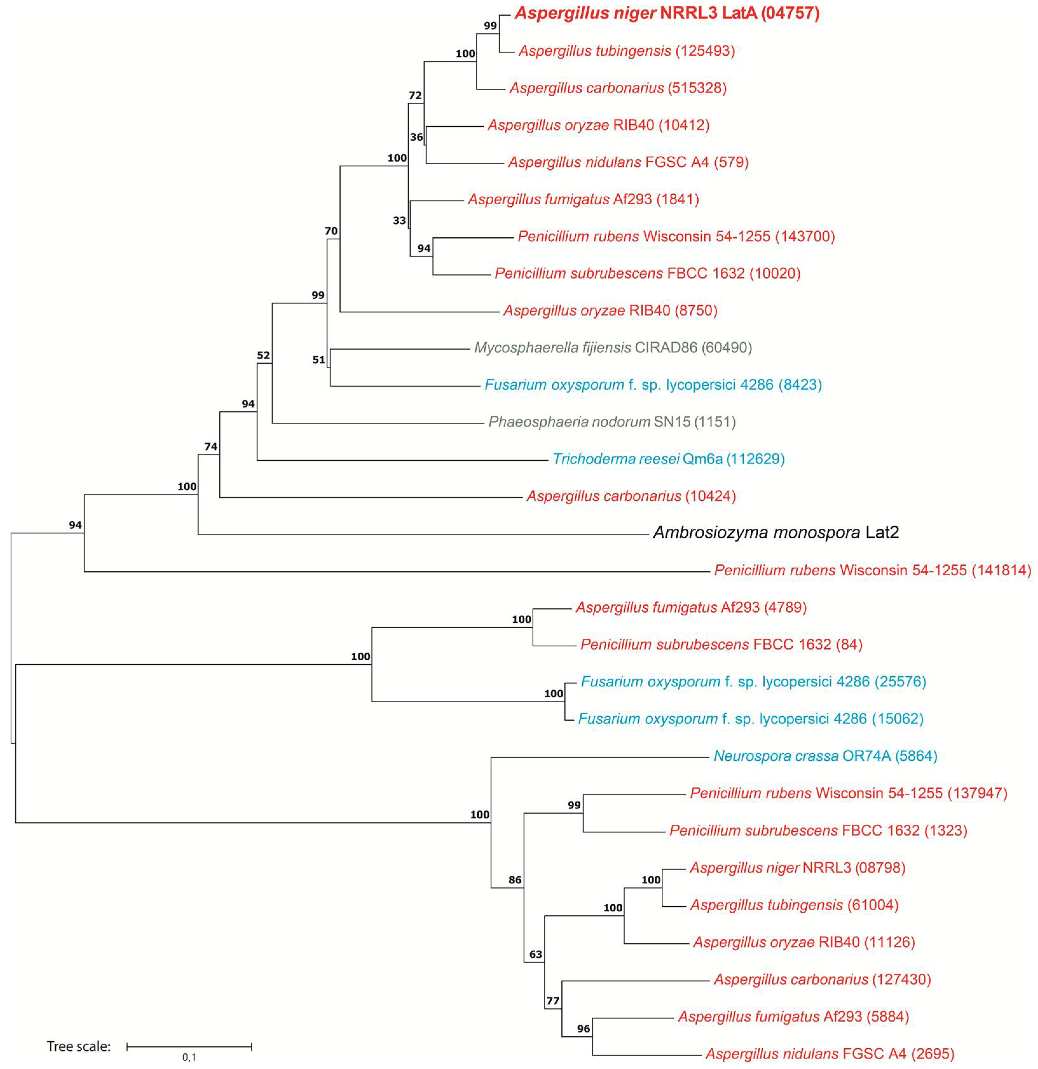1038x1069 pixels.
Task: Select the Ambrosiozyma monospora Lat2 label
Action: (775, 532)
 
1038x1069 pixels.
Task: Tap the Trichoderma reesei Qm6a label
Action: (669, 459)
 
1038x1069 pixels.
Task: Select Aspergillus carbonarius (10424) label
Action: (631, 496)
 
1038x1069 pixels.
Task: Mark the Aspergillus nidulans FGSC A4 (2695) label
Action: (830, 1053)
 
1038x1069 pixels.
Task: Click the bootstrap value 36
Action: (416, 137)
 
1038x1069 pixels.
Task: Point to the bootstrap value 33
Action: (399, 220)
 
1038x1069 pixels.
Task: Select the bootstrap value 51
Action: (318, 359)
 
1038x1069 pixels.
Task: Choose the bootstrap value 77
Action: (553, 1001)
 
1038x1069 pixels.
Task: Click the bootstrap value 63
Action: (536, 954)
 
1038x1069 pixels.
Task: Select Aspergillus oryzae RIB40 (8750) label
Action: (610, 310)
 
